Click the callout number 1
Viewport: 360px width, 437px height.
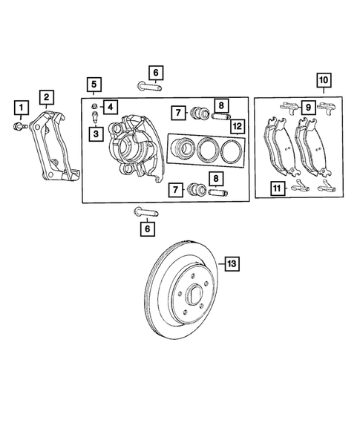(x=22, y=111)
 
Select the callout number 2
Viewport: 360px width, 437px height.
(x=46, y=96)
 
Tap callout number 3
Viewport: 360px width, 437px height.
(x=96, y=133)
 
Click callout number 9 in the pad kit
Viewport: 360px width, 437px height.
(x=305, y=106)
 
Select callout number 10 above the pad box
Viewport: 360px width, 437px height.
(x=324, y=79)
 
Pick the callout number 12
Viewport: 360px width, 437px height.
(x=237, y=127)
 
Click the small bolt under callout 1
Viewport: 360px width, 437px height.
(x=22, y=127)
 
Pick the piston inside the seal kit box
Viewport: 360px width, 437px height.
(x=183, y=150)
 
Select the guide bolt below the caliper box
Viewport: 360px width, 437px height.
(x=145, y=212)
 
